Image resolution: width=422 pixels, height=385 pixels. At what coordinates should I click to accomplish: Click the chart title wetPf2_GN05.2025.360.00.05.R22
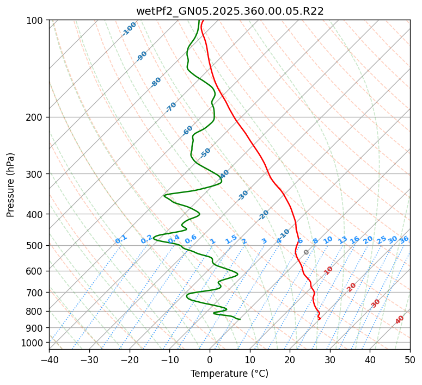(229, 11)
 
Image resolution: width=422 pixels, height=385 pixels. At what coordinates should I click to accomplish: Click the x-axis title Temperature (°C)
(229, 374)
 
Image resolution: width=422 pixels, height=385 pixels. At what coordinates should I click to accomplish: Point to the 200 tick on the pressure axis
(36, 117)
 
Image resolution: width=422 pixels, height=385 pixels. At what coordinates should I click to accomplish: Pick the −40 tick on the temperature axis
(49, 359)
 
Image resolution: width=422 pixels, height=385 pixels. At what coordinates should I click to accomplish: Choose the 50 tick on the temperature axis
(410, 359)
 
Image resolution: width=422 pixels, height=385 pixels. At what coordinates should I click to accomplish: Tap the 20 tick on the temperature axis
(290, 359)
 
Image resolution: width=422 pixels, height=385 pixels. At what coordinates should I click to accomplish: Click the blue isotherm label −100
(129, 29)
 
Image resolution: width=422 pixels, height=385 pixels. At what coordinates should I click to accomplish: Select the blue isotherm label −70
(171, 107)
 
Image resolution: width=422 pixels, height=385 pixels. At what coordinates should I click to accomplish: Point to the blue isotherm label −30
(243, 195)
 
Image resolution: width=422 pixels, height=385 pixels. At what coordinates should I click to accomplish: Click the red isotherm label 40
(400, 320)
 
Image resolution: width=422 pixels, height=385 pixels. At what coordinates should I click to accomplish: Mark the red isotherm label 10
(328, 270)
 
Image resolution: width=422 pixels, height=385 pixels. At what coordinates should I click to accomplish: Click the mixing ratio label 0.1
(121, 239)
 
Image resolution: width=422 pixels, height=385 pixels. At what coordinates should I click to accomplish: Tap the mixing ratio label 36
(404, 240)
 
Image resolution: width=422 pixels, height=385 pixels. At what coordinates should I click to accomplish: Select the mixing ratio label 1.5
(231, 239)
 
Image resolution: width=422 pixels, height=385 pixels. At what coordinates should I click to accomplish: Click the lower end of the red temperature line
(319, 319)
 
